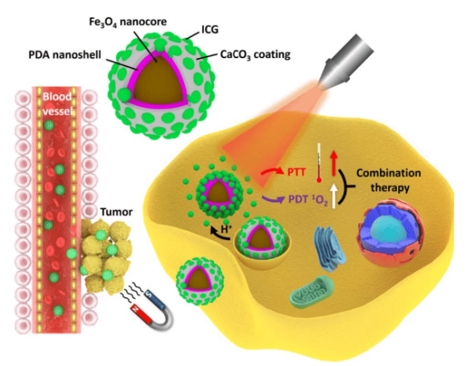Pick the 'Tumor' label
[x=115, y=213]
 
